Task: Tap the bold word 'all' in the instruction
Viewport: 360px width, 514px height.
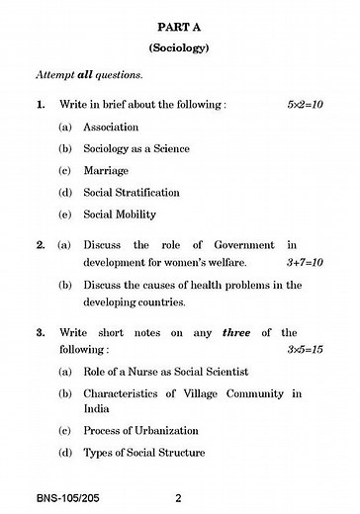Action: (x=88, y=74)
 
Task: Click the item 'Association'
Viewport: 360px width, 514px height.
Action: (x=111, y=127)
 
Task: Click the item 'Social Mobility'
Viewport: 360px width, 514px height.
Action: (x=120, y=214)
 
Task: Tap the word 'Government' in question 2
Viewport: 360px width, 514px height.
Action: (x=235, y=244)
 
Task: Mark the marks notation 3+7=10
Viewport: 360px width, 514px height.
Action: (x=307, y=263)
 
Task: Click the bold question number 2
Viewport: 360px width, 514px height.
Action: (x=41, y=244)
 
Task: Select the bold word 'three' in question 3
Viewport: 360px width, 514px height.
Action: (x=235, y=333)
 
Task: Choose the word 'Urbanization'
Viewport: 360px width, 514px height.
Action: (x=161, y=431)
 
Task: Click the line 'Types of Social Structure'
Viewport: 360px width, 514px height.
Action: (x=144, y=453)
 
